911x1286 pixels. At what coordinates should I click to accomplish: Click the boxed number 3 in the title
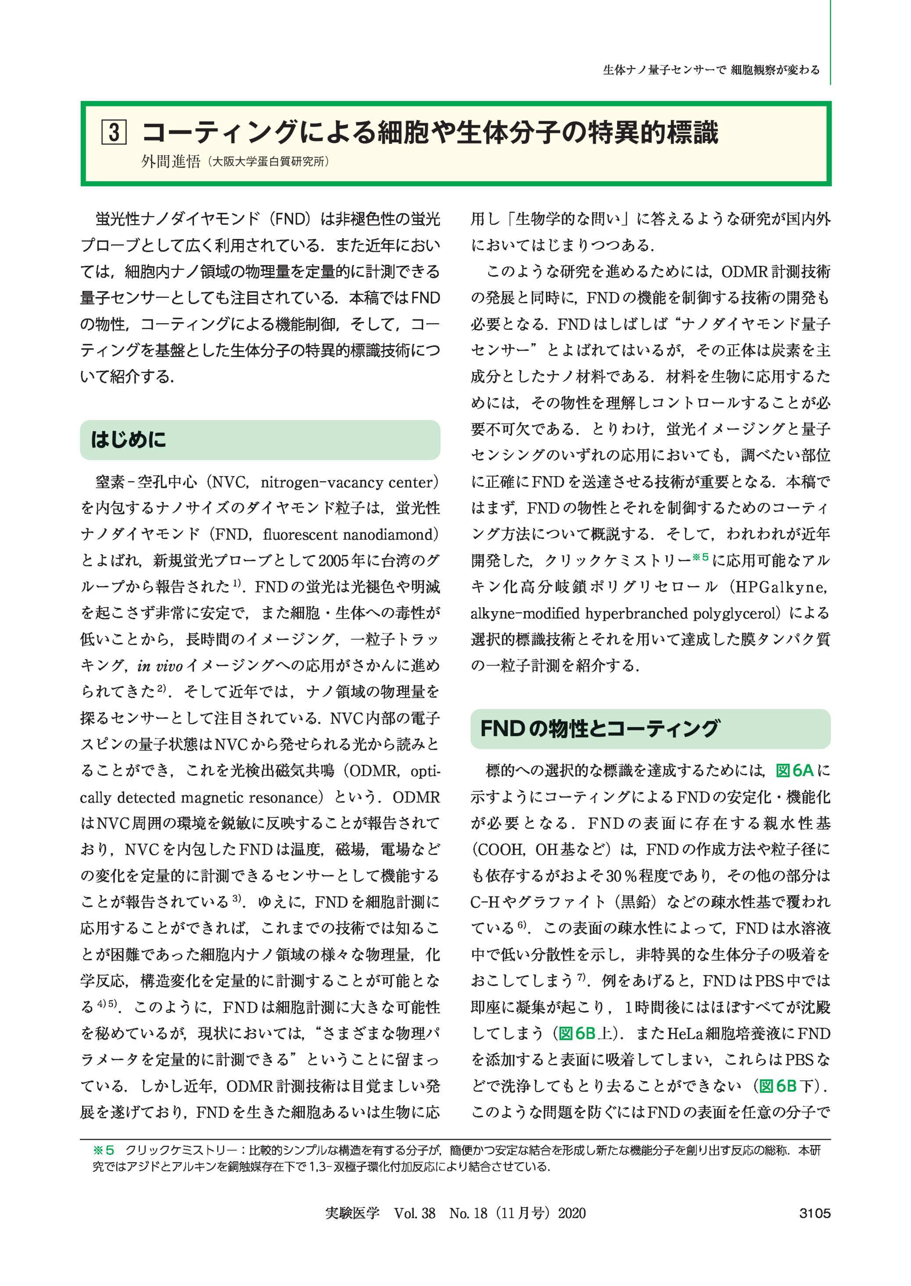coord(114,133)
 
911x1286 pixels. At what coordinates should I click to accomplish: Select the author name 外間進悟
coord(171,161)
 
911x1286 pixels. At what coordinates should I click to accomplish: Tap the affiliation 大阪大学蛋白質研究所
coord(268,161)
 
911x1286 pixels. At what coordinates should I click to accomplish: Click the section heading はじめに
coord(129,440)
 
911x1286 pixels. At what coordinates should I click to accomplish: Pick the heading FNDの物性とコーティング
coord(599,728)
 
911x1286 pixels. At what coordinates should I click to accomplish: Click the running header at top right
coord(711,70)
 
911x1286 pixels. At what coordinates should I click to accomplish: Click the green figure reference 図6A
coord(794,770)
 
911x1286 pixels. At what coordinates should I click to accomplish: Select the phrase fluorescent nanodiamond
coord(348,534)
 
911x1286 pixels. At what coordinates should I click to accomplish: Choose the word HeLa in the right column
coord(685,1034)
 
